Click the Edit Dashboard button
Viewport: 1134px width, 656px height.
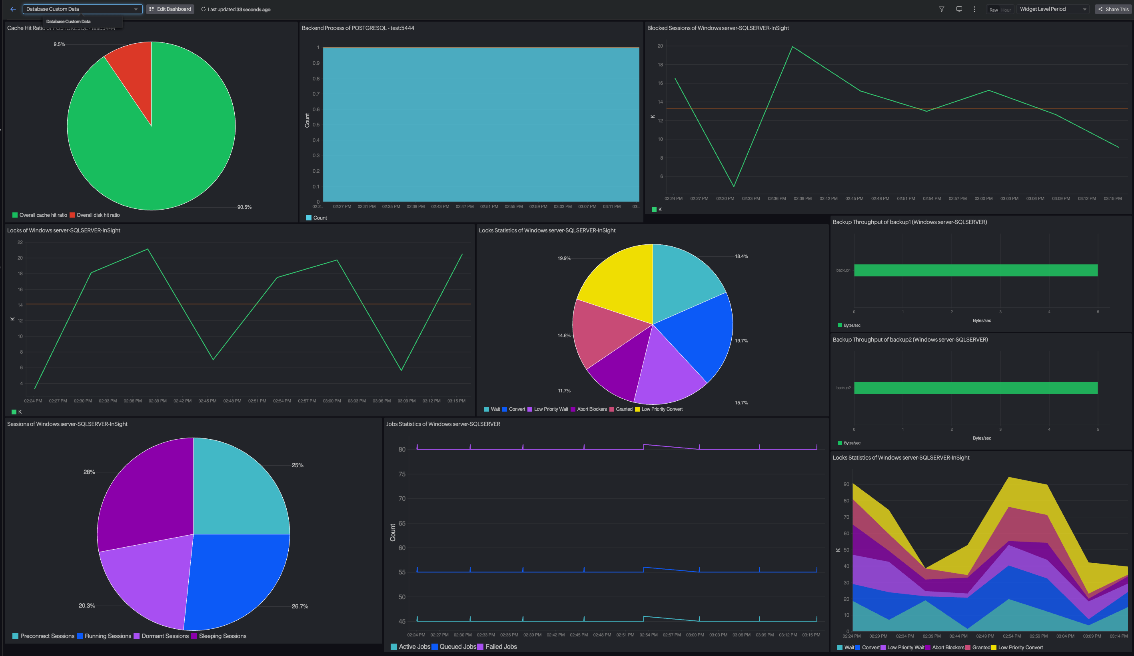click(x=170, y=9)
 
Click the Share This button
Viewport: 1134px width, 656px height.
click(x=1113, y=9)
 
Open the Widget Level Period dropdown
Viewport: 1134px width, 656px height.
click(x=1052, y=9)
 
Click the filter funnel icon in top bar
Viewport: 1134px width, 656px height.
click(x=941, y=9)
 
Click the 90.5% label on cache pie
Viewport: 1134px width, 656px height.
click(x=244, y=207)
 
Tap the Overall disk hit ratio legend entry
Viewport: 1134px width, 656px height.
click(x=98, y=215)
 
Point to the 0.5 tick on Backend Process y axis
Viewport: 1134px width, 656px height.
click(x=316, y=125)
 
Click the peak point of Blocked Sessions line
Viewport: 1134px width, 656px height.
click(x=792, y=47)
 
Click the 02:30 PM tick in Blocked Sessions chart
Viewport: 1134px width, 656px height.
click(x=725, y=198)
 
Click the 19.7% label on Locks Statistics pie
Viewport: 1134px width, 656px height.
click(x=741, y=341)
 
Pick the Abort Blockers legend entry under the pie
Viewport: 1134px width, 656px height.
click(x=591, y=409)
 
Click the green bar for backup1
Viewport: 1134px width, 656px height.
click(x=976, y=270)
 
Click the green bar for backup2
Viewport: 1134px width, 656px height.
click(x=976, y=388)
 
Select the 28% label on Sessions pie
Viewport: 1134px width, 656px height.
click(x=89, y=472)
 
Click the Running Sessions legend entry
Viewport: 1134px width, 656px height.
click(x=108, y=636)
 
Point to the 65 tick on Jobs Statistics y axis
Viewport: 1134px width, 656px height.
click(x=402, y=523)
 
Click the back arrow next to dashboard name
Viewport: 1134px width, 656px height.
click(x=13, y=9)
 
